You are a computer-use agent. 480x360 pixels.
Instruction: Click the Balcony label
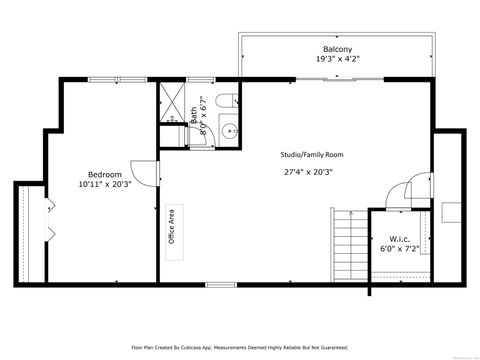click(x=336, y=49)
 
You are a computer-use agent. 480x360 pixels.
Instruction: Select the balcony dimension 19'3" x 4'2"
click(x=336, y=59)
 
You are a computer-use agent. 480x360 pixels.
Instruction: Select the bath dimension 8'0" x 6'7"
click(x=203, y=115)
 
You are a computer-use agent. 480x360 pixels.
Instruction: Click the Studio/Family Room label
click(x=312, y=155)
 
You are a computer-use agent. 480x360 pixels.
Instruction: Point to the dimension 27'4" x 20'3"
click(x=308, y=171)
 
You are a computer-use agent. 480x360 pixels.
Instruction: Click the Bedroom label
click(x=105, y=173)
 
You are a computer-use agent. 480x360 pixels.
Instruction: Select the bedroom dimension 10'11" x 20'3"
click(x=105, y=184)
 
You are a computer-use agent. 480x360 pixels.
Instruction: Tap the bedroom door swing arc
click(x=146, y=176)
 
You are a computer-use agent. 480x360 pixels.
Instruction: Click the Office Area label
click(x=172, y=226)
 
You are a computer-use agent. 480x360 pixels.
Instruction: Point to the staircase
click(x=349, y=246)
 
